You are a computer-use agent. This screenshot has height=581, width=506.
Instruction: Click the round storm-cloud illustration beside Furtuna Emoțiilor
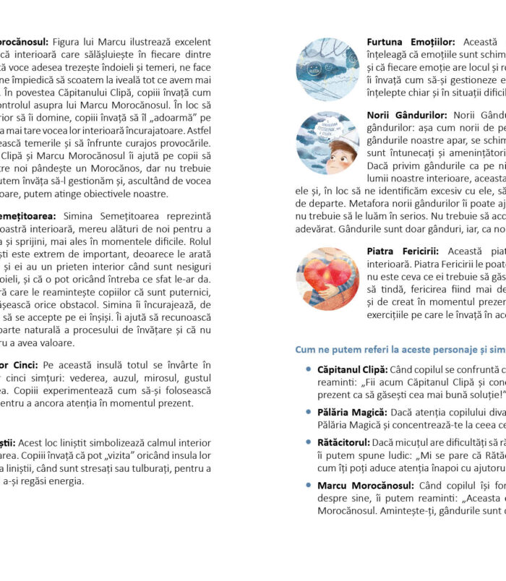click(327, 69)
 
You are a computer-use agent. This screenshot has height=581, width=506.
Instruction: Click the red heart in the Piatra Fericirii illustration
click(326, 278)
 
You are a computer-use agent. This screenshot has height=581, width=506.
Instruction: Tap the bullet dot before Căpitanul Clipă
click(309, 369)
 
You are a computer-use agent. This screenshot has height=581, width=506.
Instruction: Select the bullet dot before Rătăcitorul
click(309, 440)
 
